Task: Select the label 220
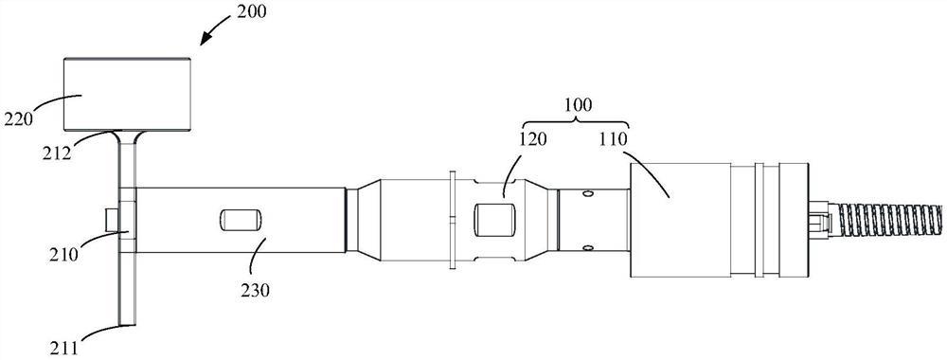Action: point(18,118)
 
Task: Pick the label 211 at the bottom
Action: point(66,349)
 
